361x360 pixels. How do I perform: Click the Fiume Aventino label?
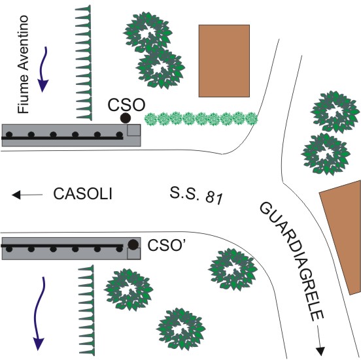(x=24, y=65)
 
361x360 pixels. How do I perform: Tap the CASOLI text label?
(x=83, y=194)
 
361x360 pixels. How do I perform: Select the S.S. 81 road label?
(x=196, y=195)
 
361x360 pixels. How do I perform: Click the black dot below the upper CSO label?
(x=126, y=118)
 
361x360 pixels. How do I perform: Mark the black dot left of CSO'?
(x=133, y=244)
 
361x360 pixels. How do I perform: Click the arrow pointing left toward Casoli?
(x=27, y=195)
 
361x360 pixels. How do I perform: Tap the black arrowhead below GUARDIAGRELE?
(x=320, y=352)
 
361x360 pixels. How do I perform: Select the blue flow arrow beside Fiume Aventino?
(x=44, y=69)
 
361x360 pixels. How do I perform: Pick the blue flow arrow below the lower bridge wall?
(x=39, y=314)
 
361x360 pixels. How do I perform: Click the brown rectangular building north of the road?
(x=224, y=61)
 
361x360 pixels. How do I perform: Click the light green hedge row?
(x=201, y=119)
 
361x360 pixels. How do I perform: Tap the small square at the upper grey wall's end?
(x=134, y=130)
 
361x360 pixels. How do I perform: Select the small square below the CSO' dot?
(x=134, y=254)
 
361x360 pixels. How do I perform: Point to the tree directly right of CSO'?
(x=233, y=269)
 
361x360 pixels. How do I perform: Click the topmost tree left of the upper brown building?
(x=148, y=32)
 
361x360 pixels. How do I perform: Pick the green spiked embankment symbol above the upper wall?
(x=84, y=63)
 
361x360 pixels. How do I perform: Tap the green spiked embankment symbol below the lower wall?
(x=86, y=310)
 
